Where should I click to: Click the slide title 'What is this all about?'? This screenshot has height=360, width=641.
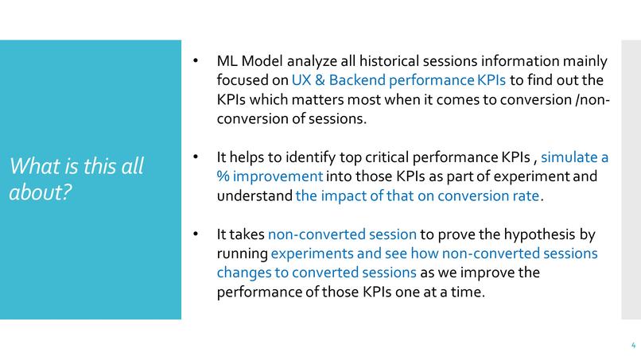pos(76,180)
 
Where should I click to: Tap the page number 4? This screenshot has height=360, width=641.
pos(633,346)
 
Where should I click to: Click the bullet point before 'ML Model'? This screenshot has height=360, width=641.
pos(196,61)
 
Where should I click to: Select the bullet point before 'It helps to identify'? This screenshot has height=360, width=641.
pos(196,157)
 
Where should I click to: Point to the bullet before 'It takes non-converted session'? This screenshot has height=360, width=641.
pos(196,234)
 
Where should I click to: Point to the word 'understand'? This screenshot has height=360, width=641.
pos(254,195)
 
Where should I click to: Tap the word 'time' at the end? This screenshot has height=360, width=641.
pos(466,292)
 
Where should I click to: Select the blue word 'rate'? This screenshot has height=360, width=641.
pos(526,195)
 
